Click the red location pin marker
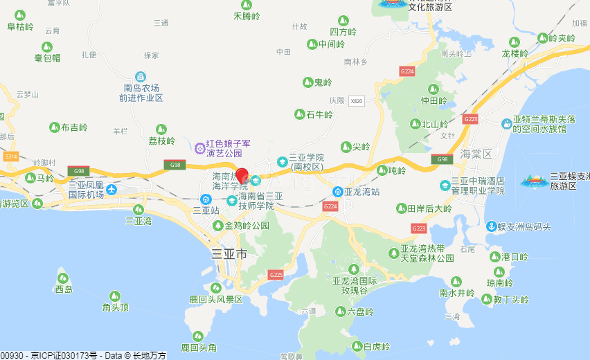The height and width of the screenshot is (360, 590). pos(242,175)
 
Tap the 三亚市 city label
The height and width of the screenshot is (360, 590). pos(229,254)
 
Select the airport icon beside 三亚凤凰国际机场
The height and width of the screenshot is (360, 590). pos(112,189)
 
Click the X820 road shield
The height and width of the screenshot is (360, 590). pos(357,100)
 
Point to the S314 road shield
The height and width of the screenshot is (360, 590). pos(10,157)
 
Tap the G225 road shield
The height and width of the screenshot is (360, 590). pos(276,275)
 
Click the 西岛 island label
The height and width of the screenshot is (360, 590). pos(64,289)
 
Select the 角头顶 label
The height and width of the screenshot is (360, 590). pos(116,307)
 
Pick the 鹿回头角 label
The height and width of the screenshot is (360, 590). pos(199,347)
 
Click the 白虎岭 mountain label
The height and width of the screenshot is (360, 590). pos(377,346)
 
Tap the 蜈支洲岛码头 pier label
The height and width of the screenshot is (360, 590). pos(528,226)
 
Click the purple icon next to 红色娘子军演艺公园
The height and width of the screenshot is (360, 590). pos(199,147)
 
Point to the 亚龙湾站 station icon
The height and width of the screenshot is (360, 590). pos(337,192)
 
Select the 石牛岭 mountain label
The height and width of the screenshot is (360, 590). pos(319,114)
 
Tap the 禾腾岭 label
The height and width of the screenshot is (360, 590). pos(247,15)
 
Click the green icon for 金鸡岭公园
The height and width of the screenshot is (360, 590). pos(218,226)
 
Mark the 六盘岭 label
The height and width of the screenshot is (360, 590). pos(360,312)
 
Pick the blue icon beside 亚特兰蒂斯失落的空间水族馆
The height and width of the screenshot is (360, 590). pos(507,124)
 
